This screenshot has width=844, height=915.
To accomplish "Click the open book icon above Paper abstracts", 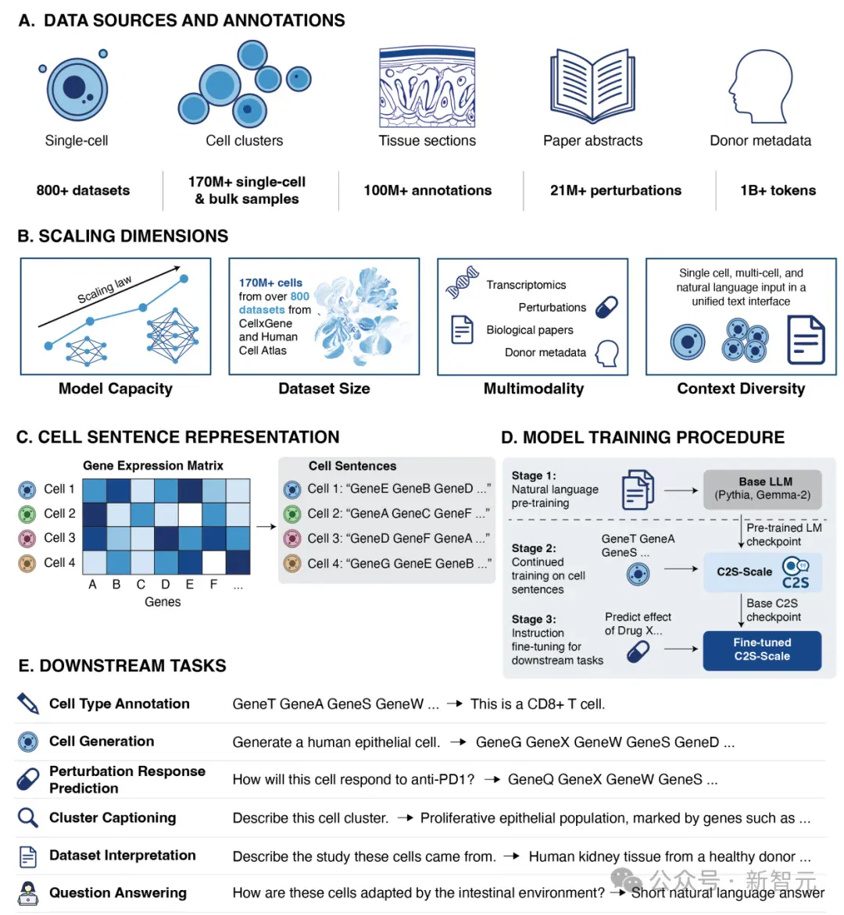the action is pyautogui.click(x=592, y=86).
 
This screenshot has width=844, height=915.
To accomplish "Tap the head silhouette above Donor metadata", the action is pyautogui.click(x=760, y=86).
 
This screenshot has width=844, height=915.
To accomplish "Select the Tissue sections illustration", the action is pyautogui.click(x=427, y=87).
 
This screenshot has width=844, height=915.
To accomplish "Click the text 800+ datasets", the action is pyautogui.click(x=83, y=190).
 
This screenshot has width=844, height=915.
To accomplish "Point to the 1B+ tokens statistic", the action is pyautogui.click(x=778, y=190).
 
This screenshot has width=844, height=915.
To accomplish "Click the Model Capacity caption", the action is pyautogui.click(x=116, y=389).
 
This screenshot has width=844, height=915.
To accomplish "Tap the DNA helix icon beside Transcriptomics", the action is pyautogui.click(x=462, y=283).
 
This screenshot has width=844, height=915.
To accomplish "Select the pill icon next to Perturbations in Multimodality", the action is pyautogui.click(x=607, y=307).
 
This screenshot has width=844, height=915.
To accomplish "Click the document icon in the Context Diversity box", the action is pyautogui.click(x=806, y=340).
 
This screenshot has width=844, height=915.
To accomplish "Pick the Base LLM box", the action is pyautogui.click(x=762, y=489).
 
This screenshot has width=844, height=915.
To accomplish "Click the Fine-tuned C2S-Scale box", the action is pyautogui.click(x=762, y=650).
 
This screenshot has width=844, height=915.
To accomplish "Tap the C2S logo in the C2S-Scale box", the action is pyautogui.click(x=796, y=573).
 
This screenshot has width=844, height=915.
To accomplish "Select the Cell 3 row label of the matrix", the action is pyautogui.click(x=59, y=537).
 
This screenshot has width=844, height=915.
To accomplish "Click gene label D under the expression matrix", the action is pyautogui.click(x=166, y=584).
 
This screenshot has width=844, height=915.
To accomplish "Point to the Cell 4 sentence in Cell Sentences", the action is pyautogui.click(x=399, y=564).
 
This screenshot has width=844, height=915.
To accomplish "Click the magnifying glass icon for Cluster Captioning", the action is pyautogui.click(x=27, y=817).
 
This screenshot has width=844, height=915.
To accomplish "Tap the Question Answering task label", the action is pyautogui.click(x=118, y=893).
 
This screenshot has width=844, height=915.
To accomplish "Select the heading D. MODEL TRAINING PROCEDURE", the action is pyautogui.click(x=642, y=437).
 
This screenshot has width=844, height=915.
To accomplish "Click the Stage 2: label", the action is pyautogui.click(x=534, y=548).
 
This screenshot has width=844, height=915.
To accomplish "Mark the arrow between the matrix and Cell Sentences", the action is pyautogui.click(x=266, y=526).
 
